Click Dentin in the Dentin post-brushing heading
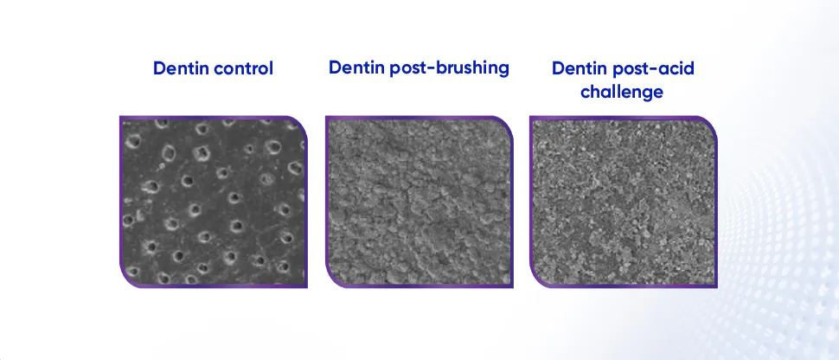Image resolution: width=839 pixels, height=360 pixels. (x=355, y=67)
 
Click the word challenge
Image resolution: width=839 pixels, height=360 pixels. (x=623, y=91)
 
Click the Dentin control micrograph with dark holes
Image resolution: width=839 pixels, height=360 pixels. (x=213, y=202)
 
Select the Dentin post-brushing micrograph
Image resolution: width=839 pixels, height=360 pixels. (x=419, y=202)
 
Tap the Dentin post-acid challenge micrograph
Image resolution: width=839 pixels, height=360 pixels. (x=623, y=202)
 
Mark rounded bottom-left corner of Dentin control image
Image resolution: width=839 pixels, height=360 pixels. (x=126, y=280)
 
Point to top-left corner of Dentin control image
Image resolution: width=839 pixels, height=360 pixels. (x=121, y=119)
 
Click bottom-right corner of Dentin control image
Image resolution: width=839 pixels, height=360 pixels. (x=305, y=285)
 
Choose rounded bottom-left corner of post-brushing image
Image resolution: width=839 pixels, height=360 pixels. (x=332, y=280)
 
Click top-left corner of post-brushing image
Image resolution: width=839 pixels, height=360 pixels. (x=327, y=119)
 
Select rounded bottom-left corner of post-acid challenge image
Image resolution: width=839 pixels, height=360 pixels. (x=536, y=280)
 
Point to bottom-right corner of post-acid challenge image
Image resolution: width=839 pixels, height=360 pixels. (x=715, y=285)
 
